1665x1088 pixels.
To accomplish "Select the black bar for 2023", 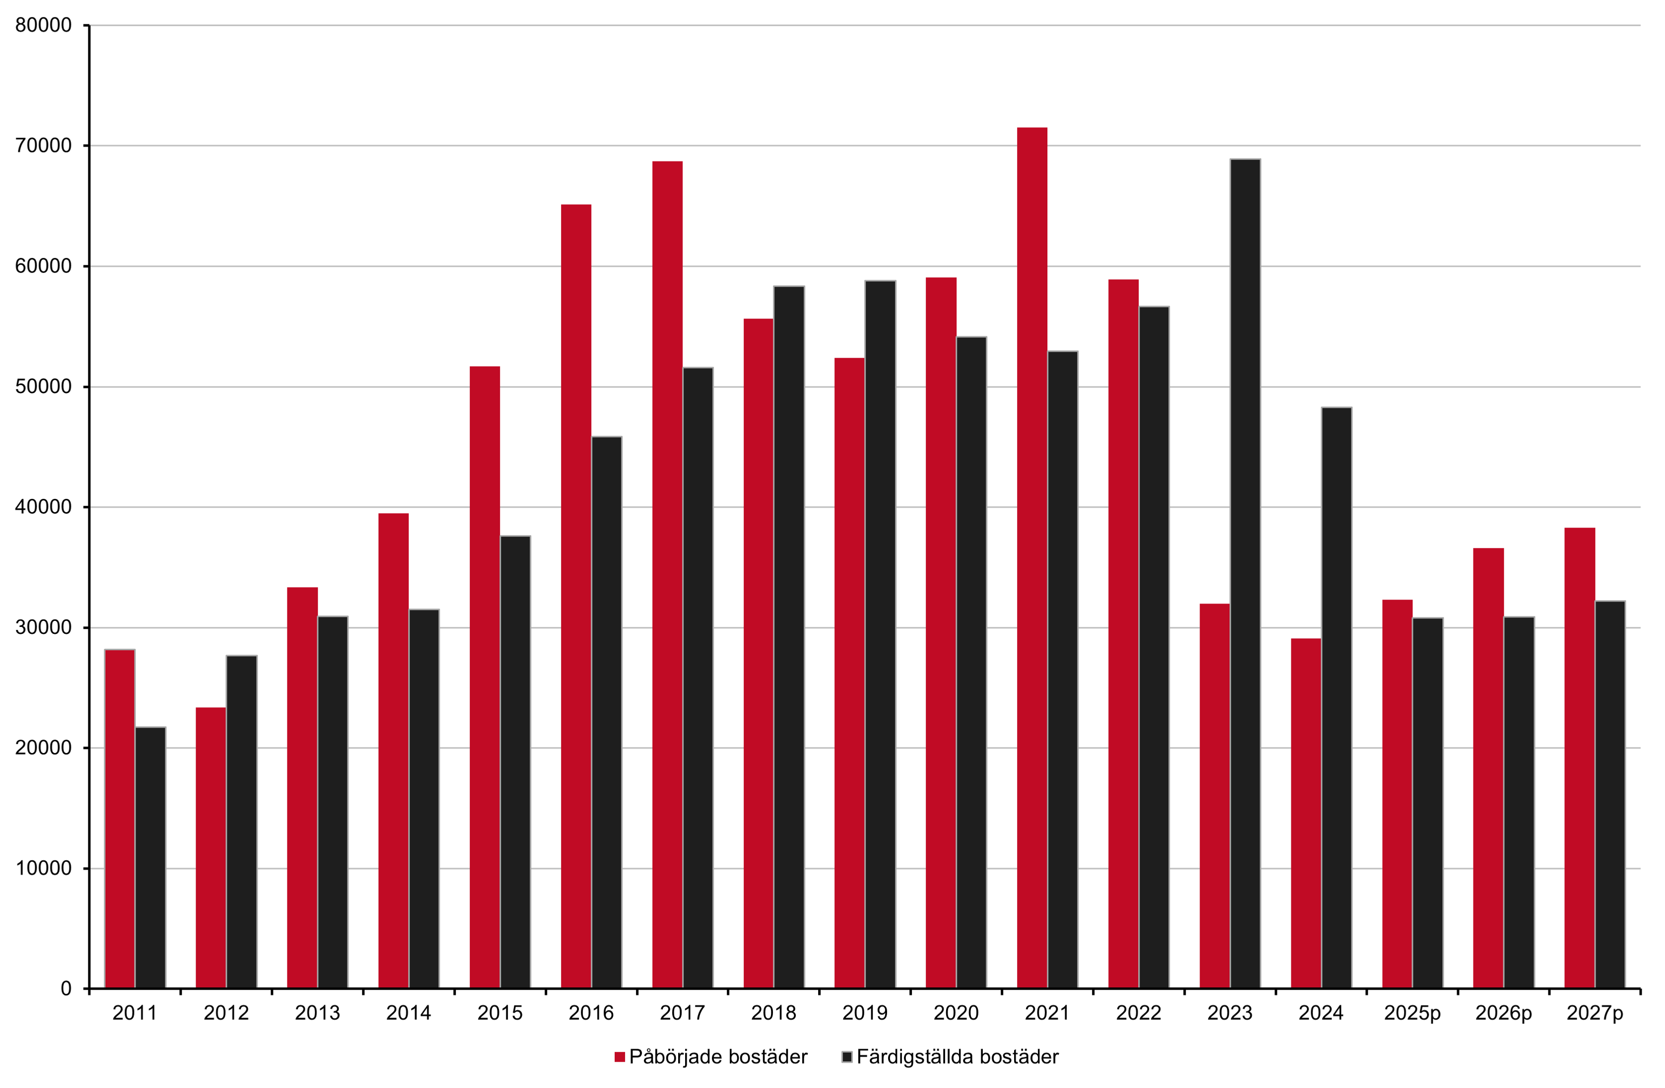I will click(x=1245, y=574).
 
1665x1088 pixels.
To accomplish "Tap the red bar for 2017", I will click(x=667, y=574).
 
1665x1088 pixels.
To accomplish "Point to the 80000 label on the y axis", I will click(x=43, y=25).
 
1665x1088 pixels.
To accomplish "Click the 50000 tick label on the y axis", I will click(x=43, y=387).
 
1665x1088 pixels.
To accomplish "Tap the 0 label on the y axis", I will click(x=66, y=989).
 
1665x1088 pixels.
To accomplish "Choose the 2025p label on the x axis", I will click(x=1412, y=1013).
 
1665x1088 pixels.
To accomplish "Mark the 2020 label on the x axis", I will click(x=957, y=1013).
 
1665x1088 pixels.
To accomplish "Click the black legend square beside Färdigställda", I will click(x=847, y=1057).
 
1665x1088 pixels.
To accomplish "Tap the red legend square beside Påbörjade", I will click(x=619, y=1057).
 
